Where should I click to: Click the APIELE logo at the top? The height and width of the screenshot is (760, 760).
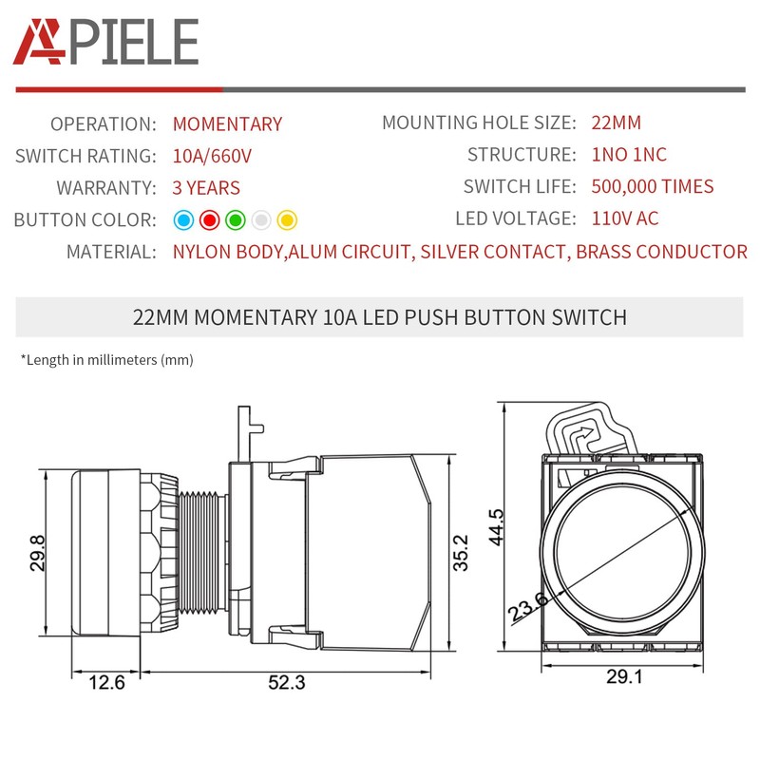tap(105, 42)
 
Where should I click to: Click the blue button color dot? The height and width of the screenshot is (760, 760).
tap(184, 220)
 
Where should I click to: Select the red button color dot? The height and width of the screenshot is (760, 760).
tap(211, 220)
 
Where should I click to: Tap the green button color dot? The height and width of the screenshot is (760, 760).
tap(237, 220)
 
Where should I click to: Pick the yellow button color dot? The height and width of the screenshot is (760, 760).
tap(288, 220)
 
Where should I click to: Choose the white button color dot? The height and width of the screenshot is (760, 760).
tap(262, 220)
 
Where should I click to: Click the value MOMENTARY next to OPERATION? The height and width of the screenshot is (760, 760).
tap(227, 124)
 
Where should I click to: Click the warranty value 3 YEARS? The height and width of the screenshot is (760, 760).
tap(206, 188)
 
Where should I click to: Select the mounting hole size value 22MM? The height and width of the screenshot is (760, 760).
tap(616, 123)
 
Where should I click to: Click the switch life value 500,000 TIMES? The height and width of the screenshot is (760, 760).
tap(652, 187)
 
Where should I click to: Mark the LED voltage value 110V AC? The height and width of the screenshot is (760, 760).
tap(624, 218)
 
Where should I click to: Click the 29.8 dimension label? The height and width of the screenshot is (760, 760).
tap(37, 553)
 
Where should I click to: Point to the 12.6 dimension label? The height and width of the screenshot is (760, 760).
tap(105, 682)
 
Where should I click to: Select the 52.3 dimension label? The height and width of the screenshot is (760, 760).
tap(287, 682)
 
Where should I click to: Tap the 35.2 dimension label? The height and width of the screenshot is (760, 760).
tap(460, 552)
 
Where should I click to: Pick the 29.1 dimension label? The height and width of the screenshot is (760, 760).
tap(625, 678)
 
